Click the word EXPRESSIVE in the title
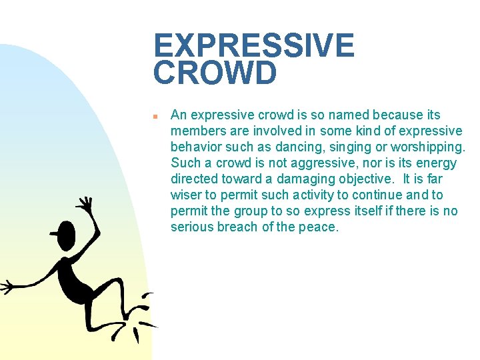pyautogui.click(x=253, y=46)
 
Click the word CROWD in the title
pyautogui.click(x=215, y=73)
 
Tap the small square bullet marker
pyautogui.click(x=155, y=116)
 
